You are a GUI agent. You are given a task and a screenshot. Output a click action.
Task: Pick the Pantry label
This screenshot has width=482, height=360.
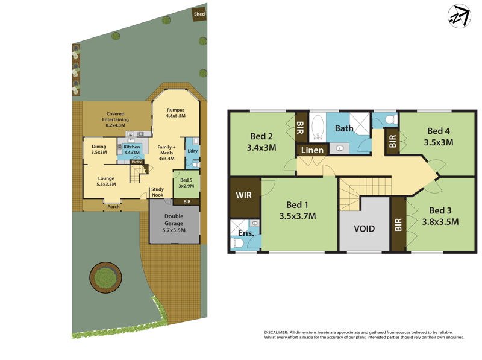pyautogui.click(x=137, y=162)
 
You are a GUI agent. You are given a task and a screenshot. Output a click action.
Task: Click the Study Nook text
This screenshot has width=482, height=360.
pyautogui.click(x=158, y=192)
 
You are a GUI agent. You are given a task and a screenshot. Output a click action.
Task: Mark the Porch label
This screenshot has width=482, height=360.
pyautogui.click(x=113, y=207)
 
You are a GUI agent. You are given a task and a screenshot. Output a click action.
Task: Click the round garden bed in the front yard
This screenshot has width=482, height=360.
pyautogui.click(x=105, y=277)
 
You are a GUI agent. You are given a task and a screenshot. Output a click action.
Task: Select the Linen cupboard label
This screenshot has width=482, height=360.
pyautogui.click(x=312, y=150)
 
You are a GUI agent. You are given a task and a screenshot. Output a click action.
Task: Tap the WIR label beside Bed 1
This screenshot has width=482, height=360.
pyautogui.click(x=244, y=195)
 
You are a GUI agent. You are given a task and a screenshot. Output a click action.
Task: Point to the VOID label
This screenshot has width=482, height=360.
pyautogui.click(x=364, y=229)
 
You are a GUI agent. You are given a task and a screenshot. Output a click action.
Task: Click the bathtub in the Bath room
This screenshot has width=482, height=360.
pyautogui.click(x=318, y=127)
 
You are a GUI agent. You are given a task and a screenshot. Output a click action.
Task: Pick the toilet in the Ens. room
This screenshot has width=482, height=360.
pyautogui.click(x=238, y=242)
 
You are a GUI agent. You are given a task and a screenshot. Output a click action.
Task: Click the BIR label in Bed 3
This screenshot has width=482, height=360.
pyautogui.click(x=398, y=225)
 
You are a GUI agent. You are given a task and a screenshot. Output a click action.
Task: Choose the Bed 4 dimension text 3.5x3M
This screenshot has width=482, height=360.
pyautogui.click(x=438, y=143)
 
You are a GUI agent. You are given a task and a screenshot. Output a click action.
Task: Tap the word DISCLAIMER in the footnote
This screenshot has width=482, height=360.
pyautogui.click(x=277, y=332)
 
